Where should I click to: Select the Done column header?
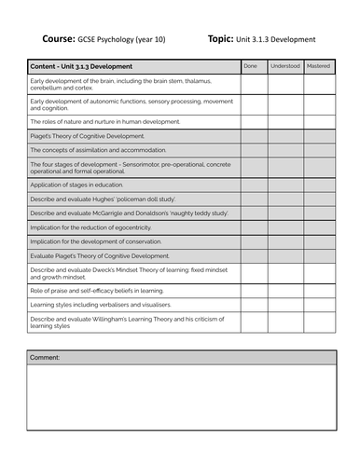[250, 67]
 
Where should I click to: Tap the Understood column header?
[284, 67]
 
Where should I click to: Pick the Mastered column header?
[318, 67]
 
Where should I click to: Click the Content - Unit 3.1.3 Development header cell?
[81, 67]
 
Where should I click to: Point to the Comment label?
[45, 358]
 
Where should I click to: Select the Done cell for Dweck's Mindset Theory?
[253, 273]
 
